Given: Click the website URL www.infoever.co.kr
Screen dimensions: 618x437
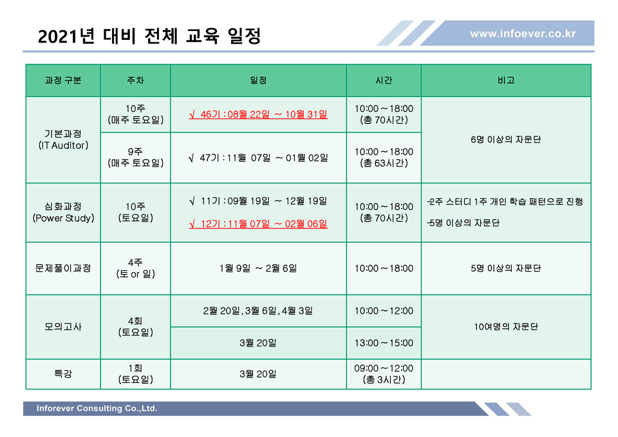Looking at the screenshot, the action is (x=523, y=33).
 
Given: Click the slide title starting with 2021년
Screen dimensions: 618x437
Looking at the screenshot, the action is (x=149, y=36).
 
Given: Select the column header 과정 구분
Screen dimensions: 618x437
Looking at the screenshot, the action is (x=63, y=80).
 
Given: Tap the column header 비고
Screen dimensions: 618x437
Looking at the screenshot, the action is (x=506, y=80).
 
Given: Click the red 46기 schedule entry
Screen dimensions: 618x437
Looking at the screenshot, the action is (x=258, y=115).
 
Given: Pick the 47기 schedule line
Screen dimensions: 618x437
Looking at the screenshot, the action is (x=258, y=158).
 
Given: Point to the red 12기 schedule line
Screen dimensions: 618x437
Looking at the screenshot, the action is (x=258, y=224).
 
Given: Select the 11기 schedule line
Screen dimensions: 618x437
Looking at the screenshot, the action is (x=258, y=201).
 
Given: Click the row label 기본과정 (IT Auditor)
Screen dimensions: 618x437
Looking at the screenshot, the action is (x=63, y=140).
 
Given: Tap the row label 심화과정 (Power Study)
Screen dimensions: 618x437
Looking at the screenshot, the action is (x=63, y=212).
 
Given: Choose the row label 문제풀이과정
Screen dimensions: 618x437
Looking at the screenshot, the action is (x=63, y=268).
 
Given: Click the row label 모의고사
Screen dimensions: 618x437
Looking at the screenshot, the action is (x=63, y=327).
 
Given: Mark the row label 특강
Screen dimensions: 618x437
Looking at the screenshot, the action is (x=63, y=373).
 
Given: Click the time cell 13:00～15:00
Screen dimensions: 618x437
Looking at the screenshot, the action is (x=384, y=343).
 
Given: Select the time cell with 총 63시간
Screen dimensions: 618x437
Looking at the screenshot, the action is (x=384, y=158).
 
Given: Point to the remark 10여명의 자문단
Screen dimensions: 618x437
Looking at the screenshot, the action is (x=506, y=327).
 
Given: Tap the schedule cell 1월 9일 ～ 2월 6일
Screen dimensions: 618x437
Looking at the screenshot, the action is (x=258, y=268).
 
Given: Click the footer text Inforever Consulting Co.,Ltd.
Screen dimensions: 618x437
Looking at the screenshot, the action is (x=97, y=409).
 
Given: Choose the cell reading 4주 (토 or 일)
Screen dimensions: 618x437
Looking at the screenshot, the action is (x=135, y=268).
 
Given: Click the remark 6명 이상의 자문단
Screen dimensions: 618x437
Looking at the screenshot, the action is (x=506, y=140).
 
